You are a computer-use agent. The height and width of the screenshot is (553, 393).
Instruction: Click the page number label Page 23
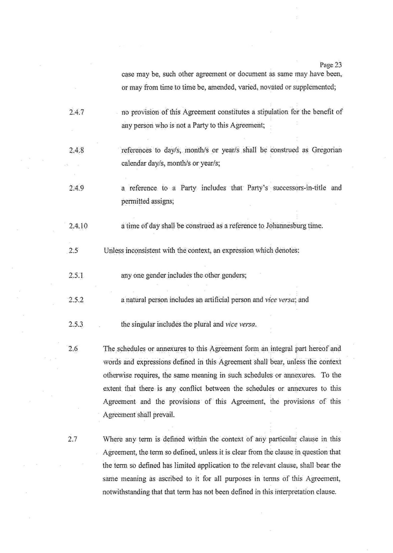click(331, 65)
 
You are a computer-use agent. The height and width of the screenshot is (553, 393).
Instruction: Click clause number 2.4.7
click(77, 113)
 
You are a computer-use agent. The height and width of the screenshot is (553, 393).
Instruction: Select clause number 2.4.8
click(77, 151)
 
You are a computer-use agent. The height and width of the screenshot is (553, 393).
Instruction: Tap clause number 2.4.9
click(77, 188)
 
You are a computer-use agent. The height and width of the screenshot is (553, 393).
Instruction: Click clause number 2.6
click(73, 349)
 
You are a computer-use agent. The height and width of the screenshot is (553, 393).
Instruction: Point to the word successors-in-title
click(296, 188)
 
